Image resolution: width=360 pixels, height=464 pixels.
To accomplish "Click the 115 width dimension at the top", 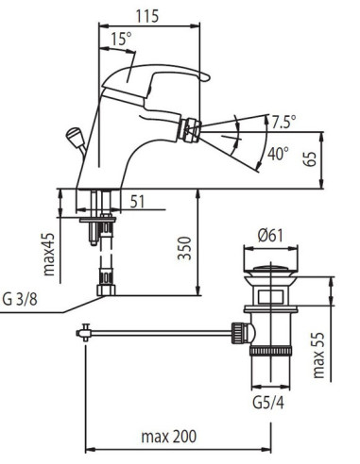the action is click(x=147, y=16).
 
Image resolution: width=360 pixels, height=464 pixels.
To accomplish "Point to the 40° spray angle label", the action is click(x=278, y=154).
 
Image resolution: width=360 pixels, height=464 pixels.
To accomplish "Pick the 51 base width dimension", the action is click(x=137, y=202).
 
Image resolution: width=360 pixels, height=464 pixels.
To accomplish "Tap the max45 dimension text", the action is click(x=49, y=255).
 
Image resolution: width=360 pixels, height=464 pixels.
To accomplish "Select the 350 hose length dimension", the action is click(x=184, y=248).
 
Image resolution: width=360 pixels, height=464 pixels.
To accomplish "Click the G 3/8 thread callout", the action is click(x=20, y=299).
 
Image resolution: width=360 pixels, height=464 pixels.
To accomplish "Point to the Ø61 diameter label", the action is click(x=270, y=236).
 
